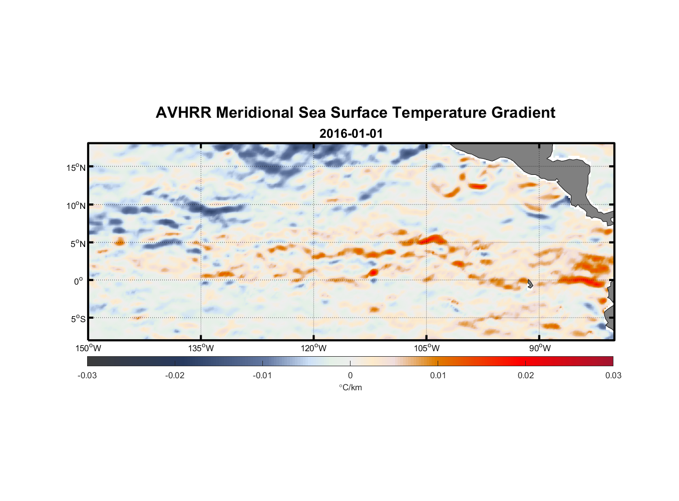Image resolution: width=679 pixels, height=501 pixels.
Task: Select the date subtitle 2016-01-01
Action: click(351, 134)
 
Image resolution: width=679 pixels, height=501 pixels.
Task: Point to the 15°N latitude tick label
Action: click(76, 167)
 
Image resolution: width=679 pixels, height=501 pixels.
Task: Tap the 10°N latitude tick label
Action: click(76, 205)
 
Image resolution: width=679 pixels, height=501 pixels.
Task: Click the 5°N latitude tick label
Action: click(78, 243)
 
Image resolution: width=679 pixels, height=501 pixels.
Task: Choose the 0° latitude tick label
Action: click(78, 281)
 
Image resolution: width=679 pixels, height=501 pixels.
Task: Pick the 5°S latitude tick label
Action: click(78, 319)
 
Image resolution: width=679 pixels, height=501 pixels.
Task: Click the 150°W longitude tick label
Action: click(88, 348)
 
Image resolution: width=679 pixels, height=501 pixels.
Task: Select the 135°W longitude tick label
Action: click(201, 348)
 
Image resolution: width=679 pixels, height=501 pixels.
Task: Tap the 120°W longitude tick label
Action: click(314, 348)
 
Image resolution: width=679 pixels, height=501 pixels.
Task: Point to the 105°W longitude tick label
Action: click(427, 348)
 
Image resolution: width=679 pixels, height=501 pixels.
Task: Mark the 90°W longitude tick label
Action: click(540, 348)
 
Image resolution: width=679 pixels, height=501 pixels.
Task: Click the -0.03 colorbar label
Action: click(87, 375)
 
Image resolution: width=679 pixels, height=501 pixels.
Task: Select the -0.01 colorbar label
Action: click(262, 375)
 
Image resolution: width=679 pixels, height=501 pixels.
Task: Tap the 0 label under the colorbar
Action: click(350, 375)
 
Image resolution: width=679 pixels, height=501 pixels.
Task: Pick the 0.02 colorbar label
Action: click(526, 375)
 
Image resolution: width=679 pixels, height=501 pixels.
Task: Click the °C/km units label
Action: click(350, 387)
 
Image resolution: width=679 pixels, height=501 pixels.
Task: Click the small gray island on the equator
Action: click(530, 284)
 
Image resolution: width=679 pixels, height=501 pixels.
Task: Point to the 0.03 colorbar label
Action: click(613, 375)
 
